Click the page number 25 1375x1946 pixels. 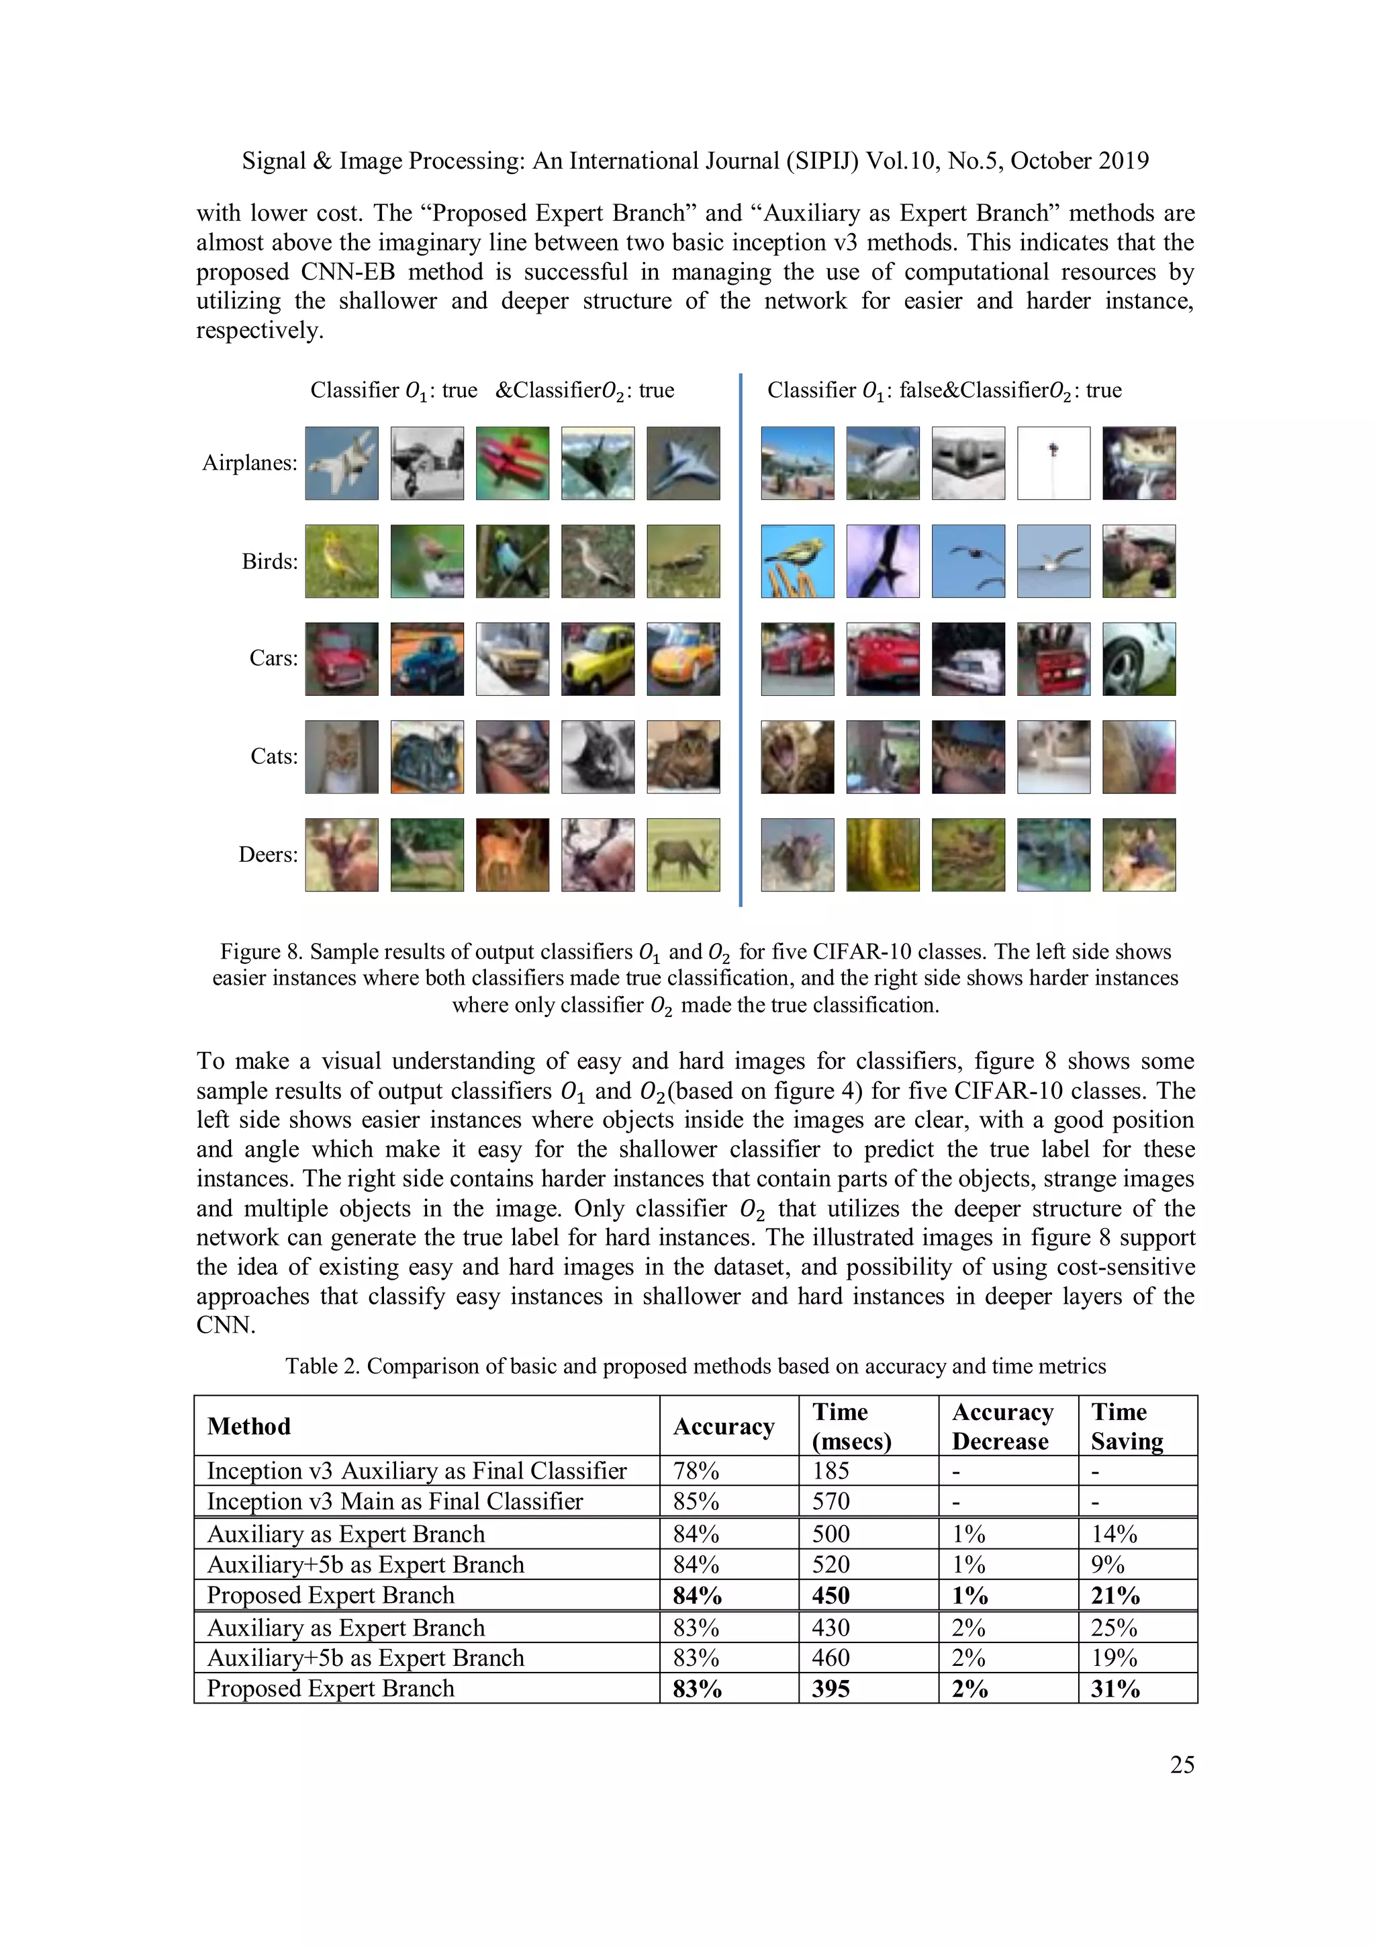coord(1181,1764)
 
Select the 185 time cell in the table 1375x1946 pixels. coord(831,1470)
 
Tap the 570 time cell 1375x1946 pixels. coord(831,1501)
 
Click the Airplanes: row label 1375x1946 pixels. coord(249,463)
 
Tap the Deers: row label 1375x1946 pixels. coord(268,854)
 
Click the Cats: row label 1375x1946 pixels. coord(274,756)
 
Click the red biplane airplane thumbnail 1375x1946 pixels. coord(512,463)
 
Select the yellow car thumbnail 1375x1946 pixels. coord(598,658)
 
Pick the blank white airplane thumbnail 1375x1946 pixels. coord(1053,463)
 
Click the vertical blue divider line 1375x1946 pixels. coord(741,640)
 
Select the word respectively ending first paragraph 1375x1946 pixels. coord(258,330)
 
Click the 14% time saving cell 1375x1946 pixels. coord(1113,1534)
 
